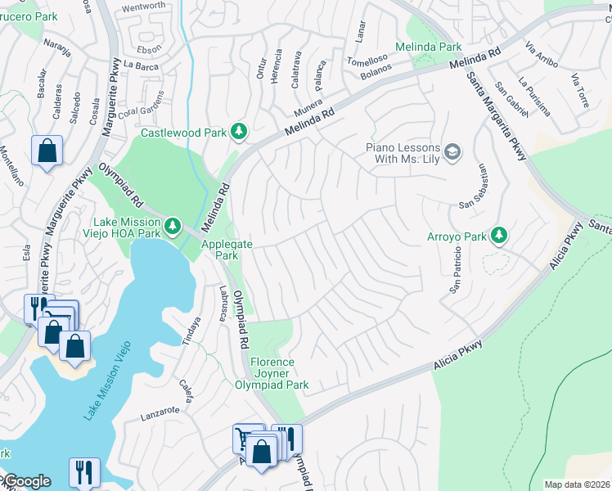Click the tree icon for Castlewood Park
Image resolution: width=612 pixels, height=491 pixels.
[x=239, y=131]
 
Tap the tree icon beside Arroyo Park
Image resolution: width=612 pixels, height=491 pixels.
[x=498, y=236]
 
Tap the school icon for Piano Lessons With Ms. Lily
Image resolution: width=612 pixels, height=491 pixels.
[x=452, y=151]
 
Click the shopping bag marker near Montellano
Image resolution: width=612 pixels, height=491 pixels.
[x=47, y=151]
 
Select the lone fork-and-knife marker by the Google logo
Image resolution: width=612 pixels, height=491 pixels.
[x=84, y=473]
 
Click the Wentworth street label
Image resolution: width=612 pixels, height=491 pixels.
[x=143, y=7]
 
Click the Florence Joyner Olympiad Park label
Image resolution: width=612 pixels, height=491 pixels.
[x=272, y=373]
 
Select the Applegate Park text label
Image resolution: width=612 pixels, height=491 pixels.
[x=227, y=250]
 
